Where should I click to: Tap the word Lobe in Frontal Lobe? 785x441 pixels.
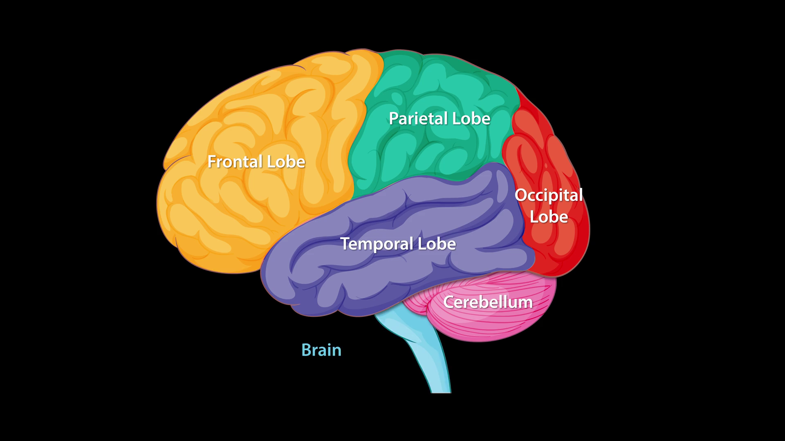tap(286, 162)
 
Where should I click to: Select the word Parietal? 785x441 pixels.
tap(413, 119)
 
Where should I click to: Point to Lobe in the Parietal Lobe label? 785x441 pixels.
tap(471, 119)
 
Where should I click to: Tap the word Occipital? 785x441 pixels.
tap(548, 195)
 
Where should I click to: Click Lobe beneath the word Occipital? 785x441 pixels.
tap(549, 217)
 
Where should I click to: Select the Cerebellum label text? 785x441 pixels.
tap(488, 302)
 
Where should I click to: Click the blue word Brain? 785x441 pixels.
tap(321, 350)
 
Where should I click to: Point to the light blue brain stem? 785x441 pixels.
tap(429, 359)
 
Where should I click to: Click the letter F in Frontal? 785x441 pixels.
tap(211, 162)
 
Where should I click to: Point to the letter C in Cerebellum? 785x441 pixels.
tap(449, 302)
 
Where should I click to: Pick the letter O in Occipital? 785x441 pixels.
tap(520, 195)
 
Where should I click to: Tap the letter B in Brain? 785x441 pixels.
tap(306, 350)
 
